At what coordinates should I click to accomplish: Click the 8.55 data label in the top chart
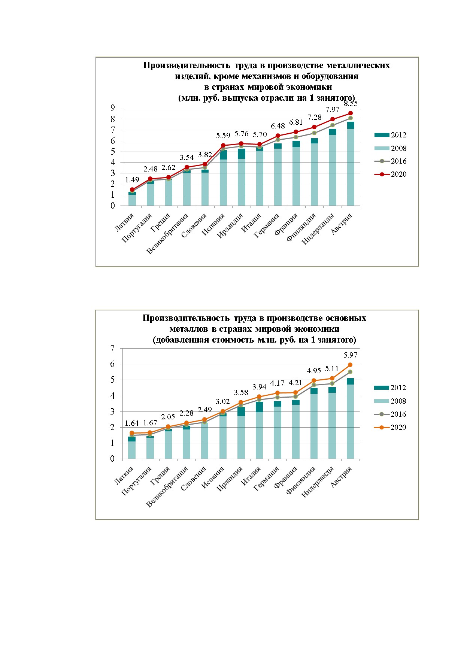coord(351,104)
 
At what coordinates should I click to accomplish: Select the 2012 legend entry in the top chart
coord(390,135)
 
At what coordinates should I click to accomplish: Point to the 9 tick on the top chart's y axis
coord(112,108)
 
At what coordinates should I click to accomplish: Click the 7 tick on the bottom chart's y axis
coord(112,348)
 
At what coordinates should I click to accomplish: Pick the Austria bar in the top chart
coord(351,164)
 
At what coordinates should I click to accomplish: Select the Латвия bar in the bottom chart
coord(132,448)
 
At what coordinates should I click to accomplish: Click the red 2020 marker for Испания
coord(223,145)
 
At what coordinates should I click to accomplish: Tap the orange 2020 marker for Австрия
coord(350,365)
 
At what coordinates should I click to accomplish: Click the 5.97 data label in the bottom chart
coord(351,355)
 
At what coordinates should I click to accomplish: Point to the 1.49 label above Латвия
coord(132,180)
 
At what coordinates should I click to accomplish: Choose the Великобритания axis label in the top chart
coord(167,234)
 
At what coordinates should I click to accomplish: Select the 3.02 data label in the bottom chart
coord(223,401)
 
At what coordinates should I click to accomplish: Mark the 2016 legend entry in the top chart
coord(390,161)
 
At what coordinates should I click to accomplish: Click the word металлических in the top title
coord(358,66)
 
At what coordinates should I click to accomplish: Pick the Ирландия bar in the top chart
coord(242,177)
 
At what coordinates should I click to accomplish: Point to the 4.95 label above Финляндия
coord(314,371)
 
